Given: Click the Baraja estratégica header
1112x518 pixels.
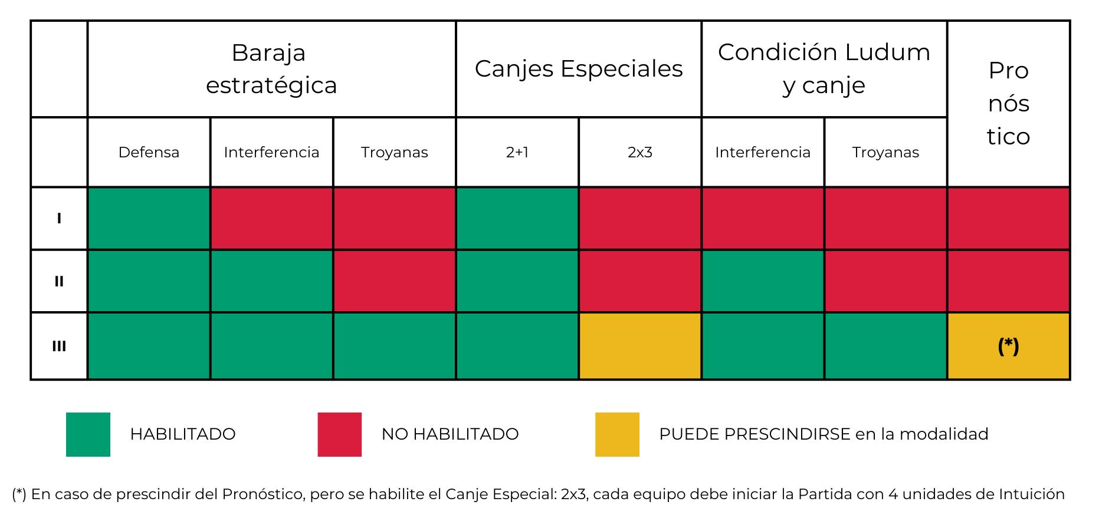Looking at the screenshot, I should click(271, 69).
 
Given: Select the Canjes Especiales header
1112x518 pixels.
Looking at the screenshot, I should click(579, 69).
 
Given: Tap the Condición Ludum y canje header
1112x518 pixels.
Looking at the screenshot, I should click(824, 69).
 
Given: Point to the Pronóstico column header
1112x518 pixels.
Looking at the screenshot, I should click(1008, 104).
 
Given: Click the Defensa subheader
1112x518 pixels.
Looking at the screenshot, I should click(149, 152).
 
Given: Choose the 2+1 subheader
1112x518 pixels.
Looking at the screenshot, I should click(517, 152).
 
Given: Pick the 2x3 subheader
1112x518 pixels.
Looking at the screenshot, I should click(640, 152).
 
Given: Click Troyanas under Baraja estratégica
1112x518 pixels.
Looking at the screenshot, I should click(394, 152).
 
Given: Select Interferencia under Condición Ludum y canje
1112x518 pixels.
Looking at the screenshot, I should click(763, 152).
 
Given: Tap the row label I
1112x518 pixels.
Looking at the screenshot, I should click(59, 219).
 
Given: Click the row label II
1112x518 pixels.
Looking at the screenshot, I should click(59, 281).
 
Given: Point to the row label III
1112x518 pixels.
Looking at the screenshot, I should click(59, 346).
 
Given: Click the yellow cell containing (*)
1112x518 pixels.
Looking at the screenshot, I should click(1008, 346).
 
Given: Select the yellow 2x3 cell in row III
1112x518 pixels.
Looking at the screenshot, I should click(640, 346).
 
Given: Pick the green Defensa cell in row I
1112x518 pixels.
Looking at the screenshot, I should click(149, 219).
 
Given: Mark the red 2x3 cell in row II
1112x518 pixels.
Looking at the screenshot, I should click(640, 281).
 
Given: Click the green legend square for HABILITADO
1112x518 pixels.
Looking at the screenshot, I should click(88, 434).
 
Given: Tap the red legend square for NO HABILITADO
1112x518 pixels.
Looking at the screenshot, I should click(339, 434).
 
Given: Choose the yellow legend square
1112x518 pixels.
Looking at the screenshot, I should click(617, 434).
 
